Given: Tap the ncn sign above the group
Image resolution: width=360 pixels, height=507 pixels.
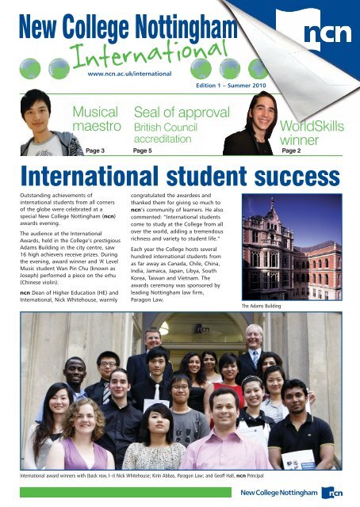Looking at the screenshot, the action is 182,325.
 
